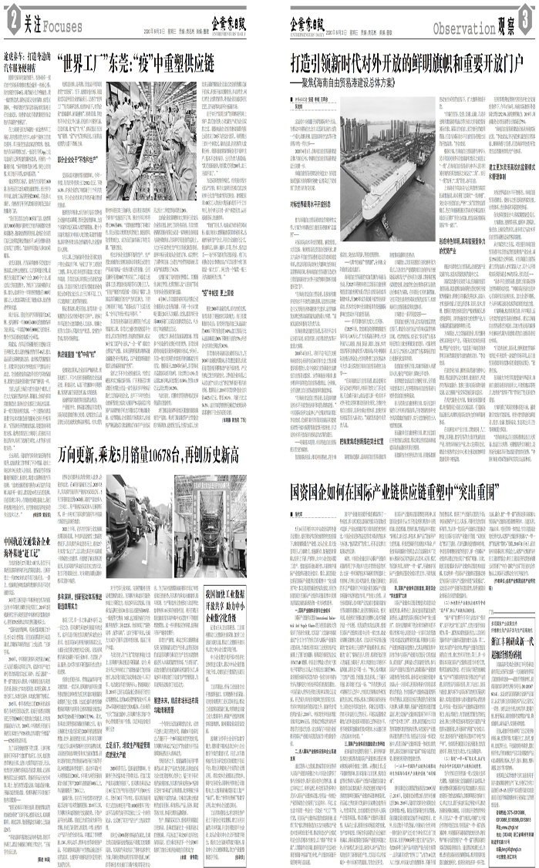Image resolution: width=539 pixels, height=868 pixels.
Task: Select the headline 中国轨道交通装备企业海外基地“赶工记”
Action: coord(29,532)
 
